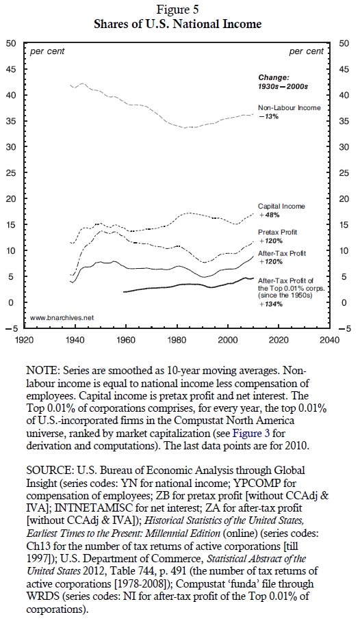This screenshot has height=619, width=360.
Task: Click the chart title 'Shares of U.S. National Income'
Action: tap(178, 24)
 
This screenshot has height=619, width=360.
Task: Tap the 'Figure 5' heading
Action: tap(178, 9)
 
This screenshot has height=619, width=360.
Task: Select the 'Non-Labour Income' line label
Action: tap(290, 107)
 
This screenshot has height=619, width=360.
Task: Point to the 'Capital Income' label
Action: tap(281, 206)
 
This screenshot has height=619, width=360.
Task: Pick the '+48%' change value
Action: tap(269, 215)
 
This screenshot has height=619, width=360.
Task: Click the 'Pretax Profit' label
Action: tap(277, 232)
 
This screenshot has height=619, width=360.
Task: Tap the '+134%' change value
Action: tap(271, 304)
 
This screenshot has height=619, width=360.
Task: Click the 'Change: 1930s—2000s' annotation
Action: tap(283, 81)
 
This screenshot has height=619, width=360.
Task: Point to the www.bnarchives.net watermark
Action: tap(62, 317)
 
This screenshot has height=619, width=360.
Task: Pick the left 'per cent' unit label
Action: tap(47, 51)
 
